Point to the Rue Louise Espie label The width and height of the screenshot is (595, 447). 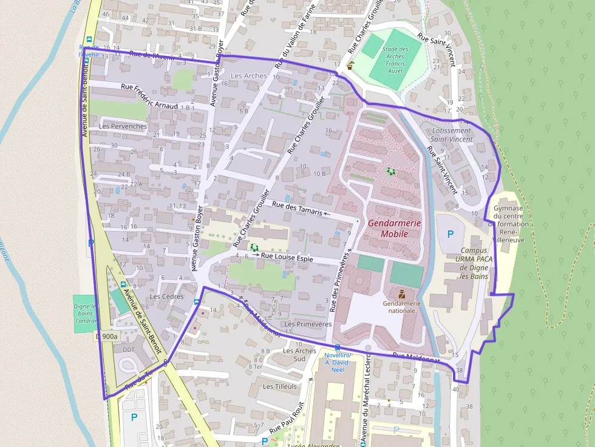[x=287, y=258]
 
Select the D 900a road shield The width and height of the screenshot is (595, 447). [x=106, y=336]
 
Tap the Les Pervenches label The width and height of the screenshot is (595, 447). [x=123, y=126]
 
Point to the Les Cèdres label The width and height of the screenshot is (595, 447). [x=166, y=297]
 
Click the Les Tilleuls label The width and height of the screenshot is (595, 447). [x=280, y=386]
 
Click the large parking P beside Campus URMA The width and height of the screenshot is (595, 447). [x=450, y=234]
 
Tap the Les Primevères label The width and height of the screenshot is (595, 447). [x=312, y=324]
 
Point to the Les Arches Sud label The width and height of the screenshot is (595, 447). [x=299, y=354]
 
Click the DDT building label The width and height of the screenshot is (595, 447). [x=129, y=349]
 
